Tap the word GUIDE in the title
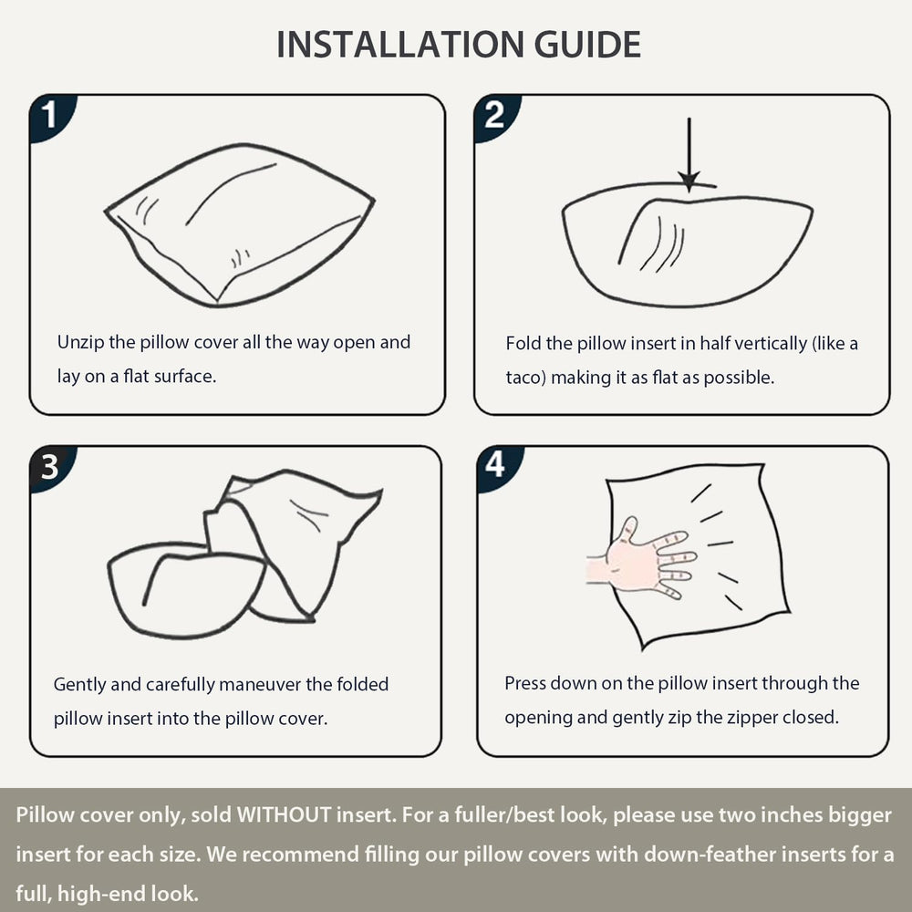point(587,45)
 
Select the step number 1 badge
point(51,117)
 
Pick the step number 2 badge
point(495,117)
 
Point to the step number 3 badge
point(51,468)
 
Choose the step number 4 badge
point(498,468)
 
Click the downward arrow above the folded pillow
point(689,155)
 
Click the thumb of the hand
point(627,529)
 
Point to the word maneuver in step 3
point(260,684)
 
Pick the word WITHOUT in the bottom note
point(284,814)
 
